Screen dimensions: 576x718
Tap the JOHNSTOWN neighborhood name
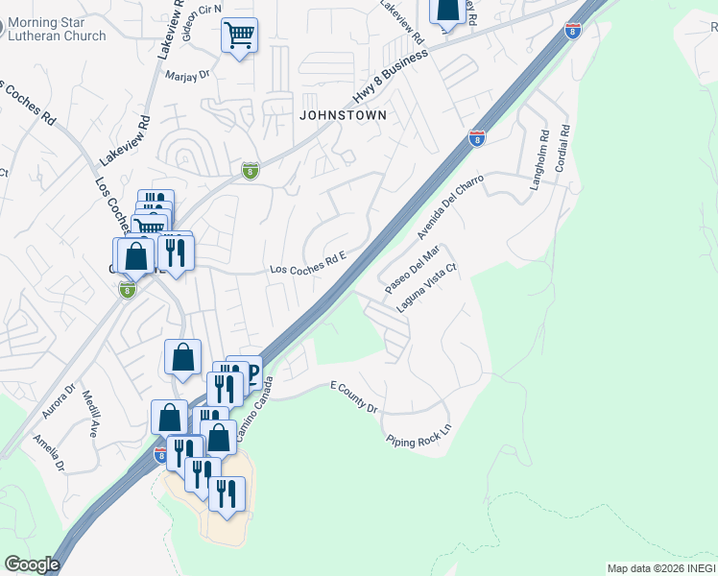click(x=343, y=115)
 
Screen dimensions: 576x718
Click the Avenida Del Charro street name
click(x=448, y=206)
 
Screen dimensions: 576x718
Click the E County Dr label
click(x=354, y=396)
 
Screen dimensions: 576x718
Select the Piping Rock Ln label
click(x=419, y=436)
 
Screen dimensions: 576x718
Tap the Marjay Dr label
click(x=187, y=75)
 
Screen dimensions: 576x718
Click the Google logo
click(x=31, y=564)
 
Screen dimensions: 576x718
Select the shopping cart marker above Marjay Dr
click(x=239, y=36)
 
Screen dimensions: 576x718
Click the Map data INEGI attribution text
click(x=661, y=568)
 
